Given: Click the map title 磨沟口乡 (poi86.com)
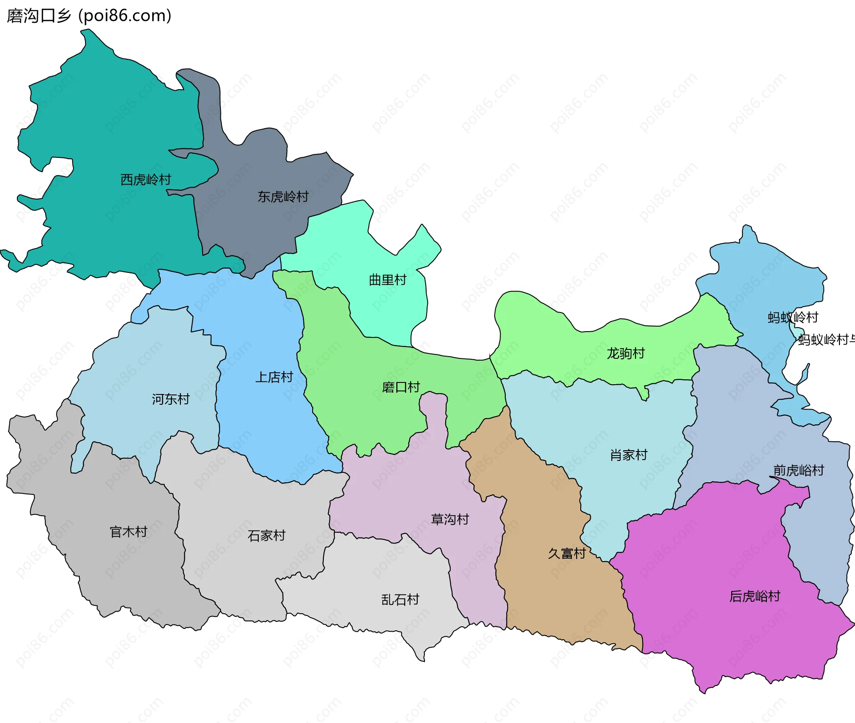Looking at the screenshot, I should (89, 16).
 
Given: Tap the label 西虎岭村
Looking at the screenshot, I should (146, 180).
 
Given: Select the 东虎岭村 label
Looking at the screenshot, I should (283, 197).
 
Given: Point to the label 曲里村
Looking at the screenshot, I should (387, 280).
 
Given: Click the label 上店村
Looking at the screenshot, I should (274, 378).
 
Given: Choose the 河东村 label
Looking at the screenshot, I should (171, 399).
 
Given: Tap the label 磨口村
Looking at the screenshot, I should (401, 387).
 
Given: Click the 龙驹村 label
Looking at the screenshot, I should (626, 353).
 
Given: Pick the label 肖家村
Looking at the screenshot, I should (628, 455).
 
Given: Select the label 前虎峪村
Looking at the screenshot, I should (798, 470).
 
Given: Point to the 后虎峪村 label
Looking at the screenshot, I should (755, 596).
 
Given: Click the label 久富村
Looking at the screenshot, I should (566, 554).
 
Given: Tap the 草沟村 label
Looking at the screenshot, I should (450, 519).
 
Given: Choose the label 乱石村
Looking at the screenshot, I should (400, 600).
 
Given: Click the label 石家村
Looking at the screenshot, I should (266, 535).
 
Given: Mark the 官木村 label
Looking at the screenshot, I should (128, 532).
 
